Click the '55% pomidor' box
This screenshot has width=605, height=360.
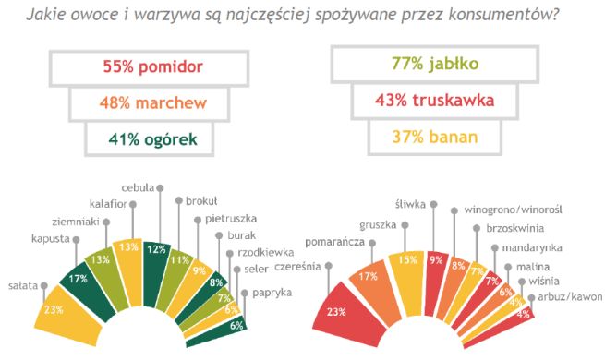pos(152,66)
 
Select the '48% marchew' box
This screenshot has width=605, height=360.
pos(152,102)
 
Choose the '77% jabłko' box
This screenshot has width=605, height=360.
pos(430,66)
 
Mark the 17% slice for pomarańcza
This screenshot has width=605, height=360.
pos(369,277)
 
